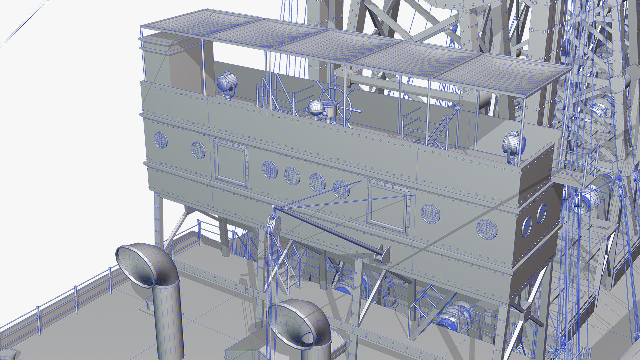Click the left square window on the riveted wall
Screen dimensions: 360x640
coord(231,164)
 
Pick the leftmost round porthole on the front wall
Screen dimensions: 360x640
coord(161,140)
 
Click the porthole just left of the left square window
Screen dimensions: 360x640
coord(198,150)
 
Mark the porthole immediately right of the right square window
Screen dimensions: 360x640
coord(430,214)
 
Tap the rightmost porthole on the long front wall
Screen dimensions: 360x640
coord(487,229)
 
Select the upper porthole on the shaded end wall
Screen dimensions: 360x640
coord(541,213)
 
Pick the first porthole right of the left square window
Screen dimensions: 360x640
coord(270,170)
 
